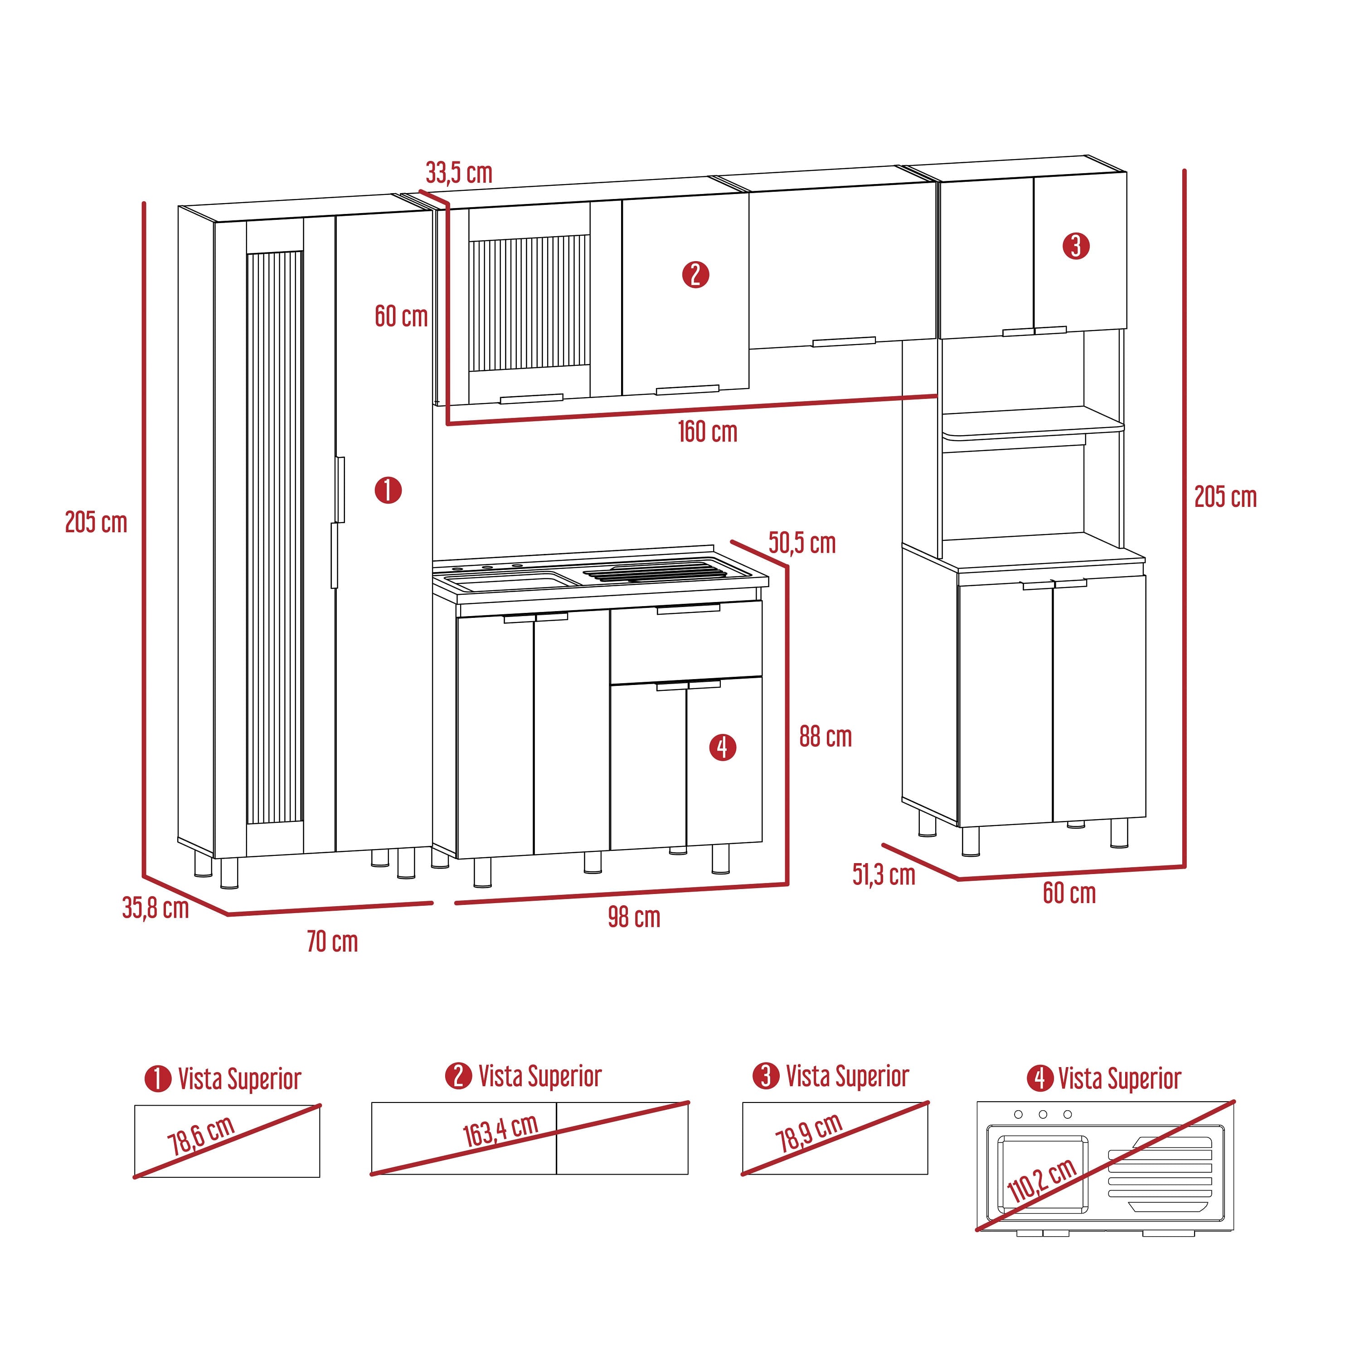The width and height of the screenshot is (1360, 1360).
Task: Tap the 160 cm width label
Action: point(708,432)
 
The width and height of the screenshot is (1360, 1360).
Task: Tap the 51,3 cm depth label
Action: point(884,874)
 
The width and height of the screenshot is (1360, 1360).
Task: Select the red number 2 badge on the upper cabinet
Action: point(695,275)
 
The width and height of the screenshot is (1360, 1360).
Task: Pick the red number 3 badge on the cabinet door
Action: point(1076,246)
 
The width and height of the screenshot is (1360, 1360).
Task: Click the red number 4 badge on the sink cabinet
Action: point(722,747)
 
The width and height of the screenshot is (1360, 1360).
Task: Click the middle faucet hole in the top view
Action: point(1043,1114)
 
